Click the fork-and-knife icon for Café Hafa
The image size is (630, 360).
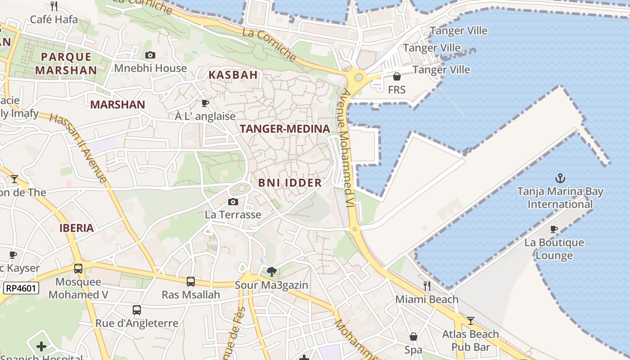click(x=54, y=6)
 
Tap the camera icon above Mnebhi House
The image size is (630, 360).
click(x=150, y=55)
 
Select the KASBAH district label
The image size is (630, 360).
click(x=233, y=75)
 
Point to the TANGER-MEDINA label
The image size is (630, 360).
click(x=285, y=129)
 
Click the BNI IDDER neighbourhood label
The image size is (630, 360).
click(x=290, y=183)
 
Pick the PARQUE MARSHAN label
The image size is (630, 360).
click(x=66, y=63)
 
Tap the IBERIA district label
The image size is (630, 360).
click(x=77, y=228)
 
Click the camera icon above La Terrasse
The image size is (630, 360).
click(x=233, y=202)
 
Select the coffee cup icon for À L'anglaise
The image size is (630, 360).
click(x=205, y=103)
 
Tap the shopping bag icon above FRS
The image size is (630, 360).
click(x=397, y=76)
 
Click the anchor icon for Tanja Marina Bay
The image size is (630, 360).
click(x=560, y=178)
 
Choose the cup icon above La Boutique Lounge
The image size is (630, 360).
click(x=554, y=229)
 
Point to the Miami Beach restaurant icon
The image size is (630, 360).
click(x=427, y=286)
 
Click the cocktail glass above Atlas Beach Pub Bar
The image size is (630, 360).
click(x=471, y=321)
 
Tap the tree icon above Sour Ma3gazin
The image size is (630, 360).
click(x=271, y=271)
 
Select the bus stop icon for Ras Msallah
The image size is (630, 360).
click(x=191, y=282)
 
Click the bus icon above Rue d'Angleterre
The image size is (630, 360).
click(x=137, y=310)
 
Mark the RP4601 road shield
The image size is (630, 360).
click(x=21, y=288)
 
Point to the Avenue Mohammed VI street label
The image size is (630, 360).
click(x=346, y=148)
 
